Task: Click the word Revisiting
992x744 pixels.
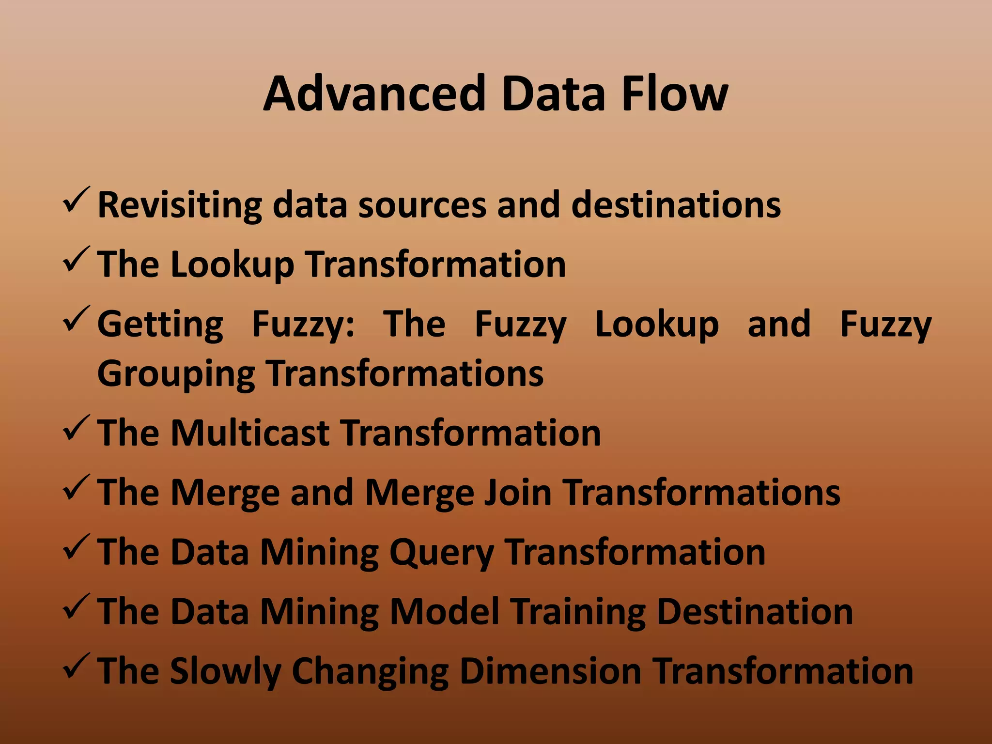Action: [x=180, y=205]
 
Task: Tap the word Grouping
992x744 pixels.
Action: [x=176, y=374]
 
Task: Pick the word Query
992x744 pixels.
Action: [x=441, y=552]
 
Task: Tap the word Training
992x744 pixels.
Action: [x=578, y=612]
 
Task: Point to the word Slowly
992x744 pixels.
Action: [x=226, y=672]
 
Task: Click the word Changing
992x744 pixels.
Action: [x=371, y=672]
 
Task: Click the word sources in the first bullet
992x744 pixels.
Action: [x=422, y=205]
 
